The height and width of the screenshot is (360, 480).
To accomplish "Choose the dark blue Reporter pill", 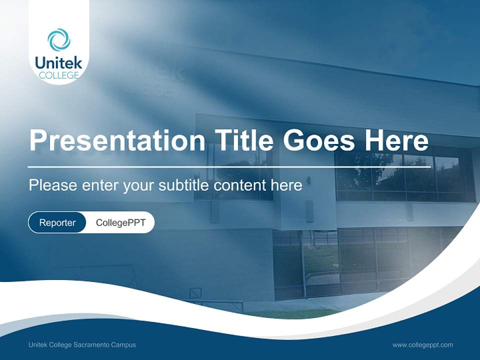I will coord(57,222).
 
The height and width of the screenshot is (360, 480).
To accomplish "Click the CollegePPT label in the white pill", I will coord(120,222).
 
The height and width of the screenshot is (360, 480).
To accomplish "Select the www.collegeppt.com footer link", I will coord(422,345).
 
